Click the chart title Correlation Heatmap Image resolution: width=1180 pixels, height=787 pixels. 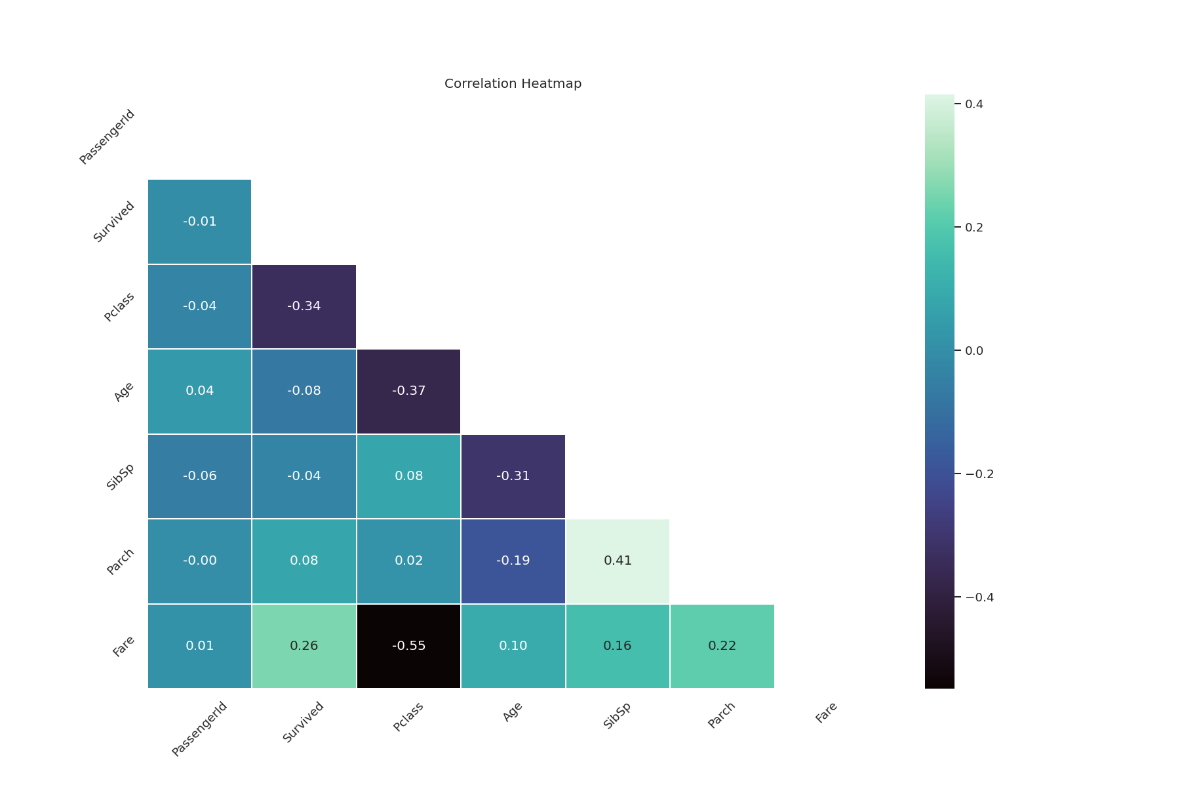513,84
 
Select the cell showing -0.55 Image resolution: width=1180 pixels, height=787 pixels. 408,646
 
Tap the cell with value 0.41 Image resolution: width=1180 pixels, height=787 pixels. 618,561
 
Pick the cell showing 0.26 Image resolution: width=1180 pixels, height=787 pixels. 304,646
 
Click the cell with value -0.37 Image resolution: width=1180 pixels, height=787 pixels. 408,391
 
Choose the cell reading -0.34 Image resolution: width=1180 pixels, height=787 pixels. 304,306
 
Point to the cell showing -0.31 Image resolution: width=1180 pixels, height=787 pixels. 513,476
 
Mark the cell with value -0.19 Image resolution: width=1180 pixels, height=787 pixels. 513,561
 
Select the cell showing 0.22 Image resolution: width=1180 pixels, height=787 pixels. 722,646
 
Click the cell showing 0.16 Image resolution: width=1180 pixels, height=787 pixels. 618,646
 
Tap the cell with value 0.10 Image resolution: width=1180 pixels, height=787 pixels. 513,646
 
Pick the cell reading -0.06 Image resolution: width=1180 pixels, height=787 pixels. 200,476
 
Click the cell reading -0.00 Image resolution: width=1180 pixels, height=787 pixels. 200,561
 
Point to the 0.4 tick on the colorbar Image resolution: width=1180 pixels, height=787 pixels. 973,104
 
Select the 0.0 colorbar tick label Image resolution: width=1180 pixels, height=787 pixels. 974,351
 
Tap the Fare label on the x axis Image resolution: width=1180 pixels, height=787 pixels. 826,713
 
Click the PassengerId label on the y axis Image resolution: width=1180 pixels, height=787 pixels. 108,137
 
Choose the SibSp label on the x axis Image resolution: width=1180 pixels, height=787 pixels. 617,716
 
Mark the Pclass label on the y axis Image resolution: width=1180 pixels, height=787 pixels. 119,307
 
